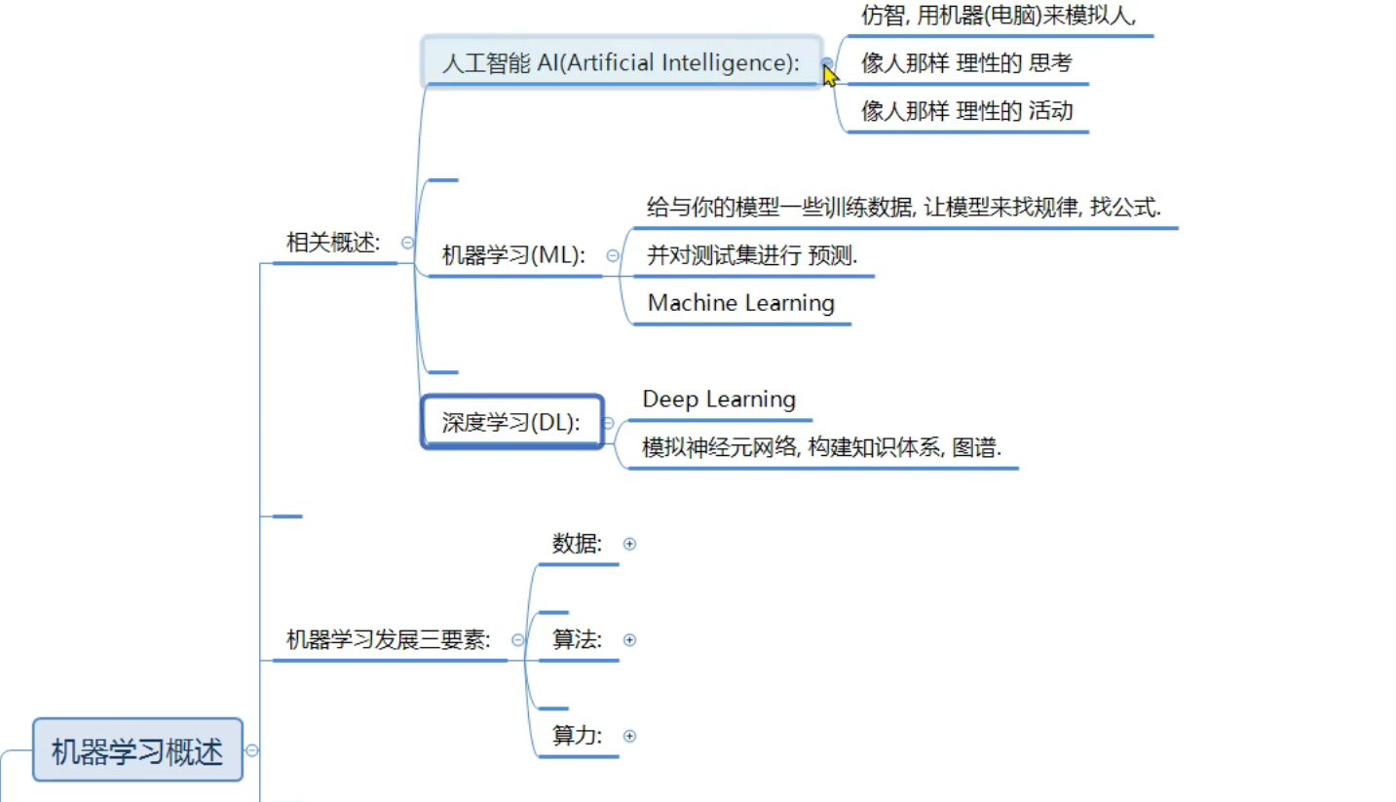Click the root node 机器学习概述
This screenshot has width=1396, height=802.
click(x=137, y=750)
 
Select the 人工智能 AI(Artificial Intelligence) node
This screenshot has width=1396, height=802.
click(x=621, y=63)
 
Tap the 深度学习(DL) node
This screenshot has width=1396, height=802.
click(x=511, y=422)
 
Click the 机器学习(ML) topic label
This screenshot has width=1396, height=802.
click(x=513, y=255)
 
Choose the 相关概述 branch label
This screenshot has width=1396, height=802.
click(x=332, y=243)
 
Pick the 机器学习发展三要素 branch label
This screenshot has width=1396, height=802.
click(x=388, y=639)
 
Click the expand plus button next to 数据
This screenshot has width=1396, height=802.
click(x=629, y=544)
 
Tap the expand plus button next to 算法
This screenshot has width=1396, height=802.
click(x=629, y=640)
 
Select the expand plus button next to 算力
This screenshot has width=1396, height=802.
click(x=629, y=736)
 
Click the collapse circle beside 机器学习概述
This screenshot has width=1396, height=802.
click(x=252, y=750)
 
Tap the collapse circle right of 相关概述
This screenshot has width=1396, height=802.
click(x=407, y=243)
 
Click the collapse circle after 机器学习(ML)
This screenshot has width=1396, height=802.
click(x=612, y=256)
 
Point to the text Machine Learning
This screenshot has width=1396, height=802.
click(x=740, y=303)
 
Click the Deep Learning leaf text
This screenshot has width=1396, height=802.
click(x=719, y=400)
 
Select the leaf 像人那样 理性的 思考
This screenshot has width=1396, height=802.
click(x=965, y=63)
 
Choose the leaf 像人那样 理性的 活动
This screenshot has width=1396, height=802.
click(x=966, y=111)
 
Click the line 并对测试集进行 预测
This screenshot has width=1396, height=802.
click(x=752, y=255)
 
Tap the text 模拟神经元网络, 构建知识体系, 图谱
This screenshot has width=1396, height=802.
click(x=821, y=447)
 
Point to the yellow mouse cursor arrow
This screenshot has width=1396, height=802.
click(x=829, y=73)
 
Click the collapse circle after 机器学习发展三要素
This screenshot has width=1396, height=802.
click(x=517, y=640)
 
